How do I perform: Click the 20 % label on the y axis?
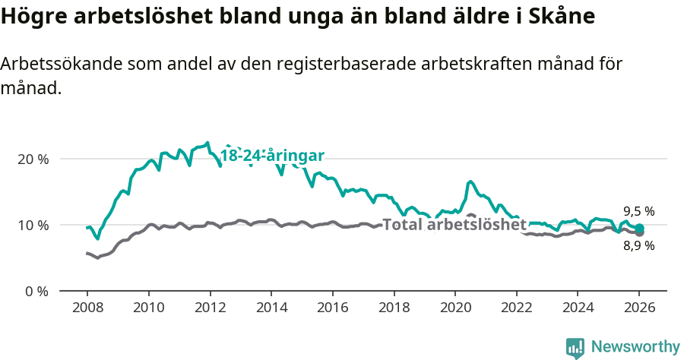(32, 159)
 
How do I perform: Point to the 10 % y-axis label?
(32, 226)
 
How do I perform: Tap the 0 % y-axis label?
(35, 292)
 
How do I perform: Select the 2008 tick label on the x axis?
(87, 308)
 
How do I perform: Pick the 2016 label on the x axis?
(332, 308)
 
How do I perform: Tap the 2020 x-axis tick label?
(454, 308)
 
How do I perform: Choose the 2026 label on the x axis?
(639, 308)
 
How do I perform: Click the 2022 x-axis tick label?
(516, 308)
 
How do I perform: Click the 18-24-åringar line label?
(272, 156)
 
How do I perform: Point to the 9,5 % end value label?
(639, 212)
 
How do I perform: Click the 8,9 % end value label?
(639, 246)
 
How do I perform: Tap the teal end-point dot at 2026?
(639, 228)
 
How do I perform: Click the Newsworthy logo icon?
(575, 347)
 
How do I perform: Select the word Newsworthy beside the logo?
(635, 347)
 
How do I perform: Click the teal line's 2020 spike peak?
(470, 182)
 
